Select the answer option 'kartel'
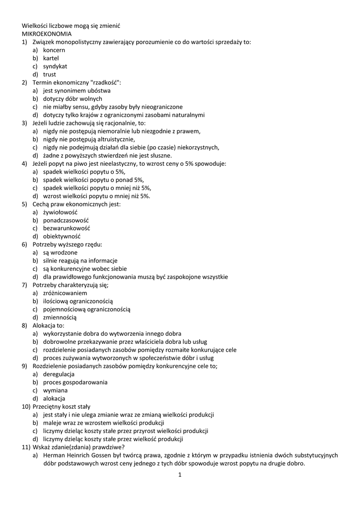coord(51,58)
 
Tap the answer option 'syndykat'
coord(55,66)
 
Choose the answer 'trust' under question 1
coord(50,74)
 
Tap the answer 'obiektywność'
coord(62,236)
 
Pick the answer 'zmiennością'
coord(60,317)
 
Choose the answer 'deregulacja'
coord(59,374)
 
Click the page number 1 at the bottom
coord(180,475)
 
